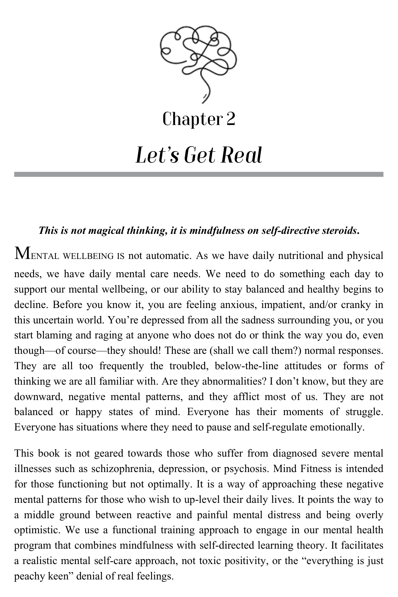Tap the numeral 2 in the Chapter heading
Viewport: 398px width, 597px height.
coord(230,119)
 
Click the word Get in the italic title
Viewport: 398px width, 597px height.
coord(198,156)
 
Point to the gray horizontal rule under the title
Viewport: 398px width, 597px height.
coord(199,174)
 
